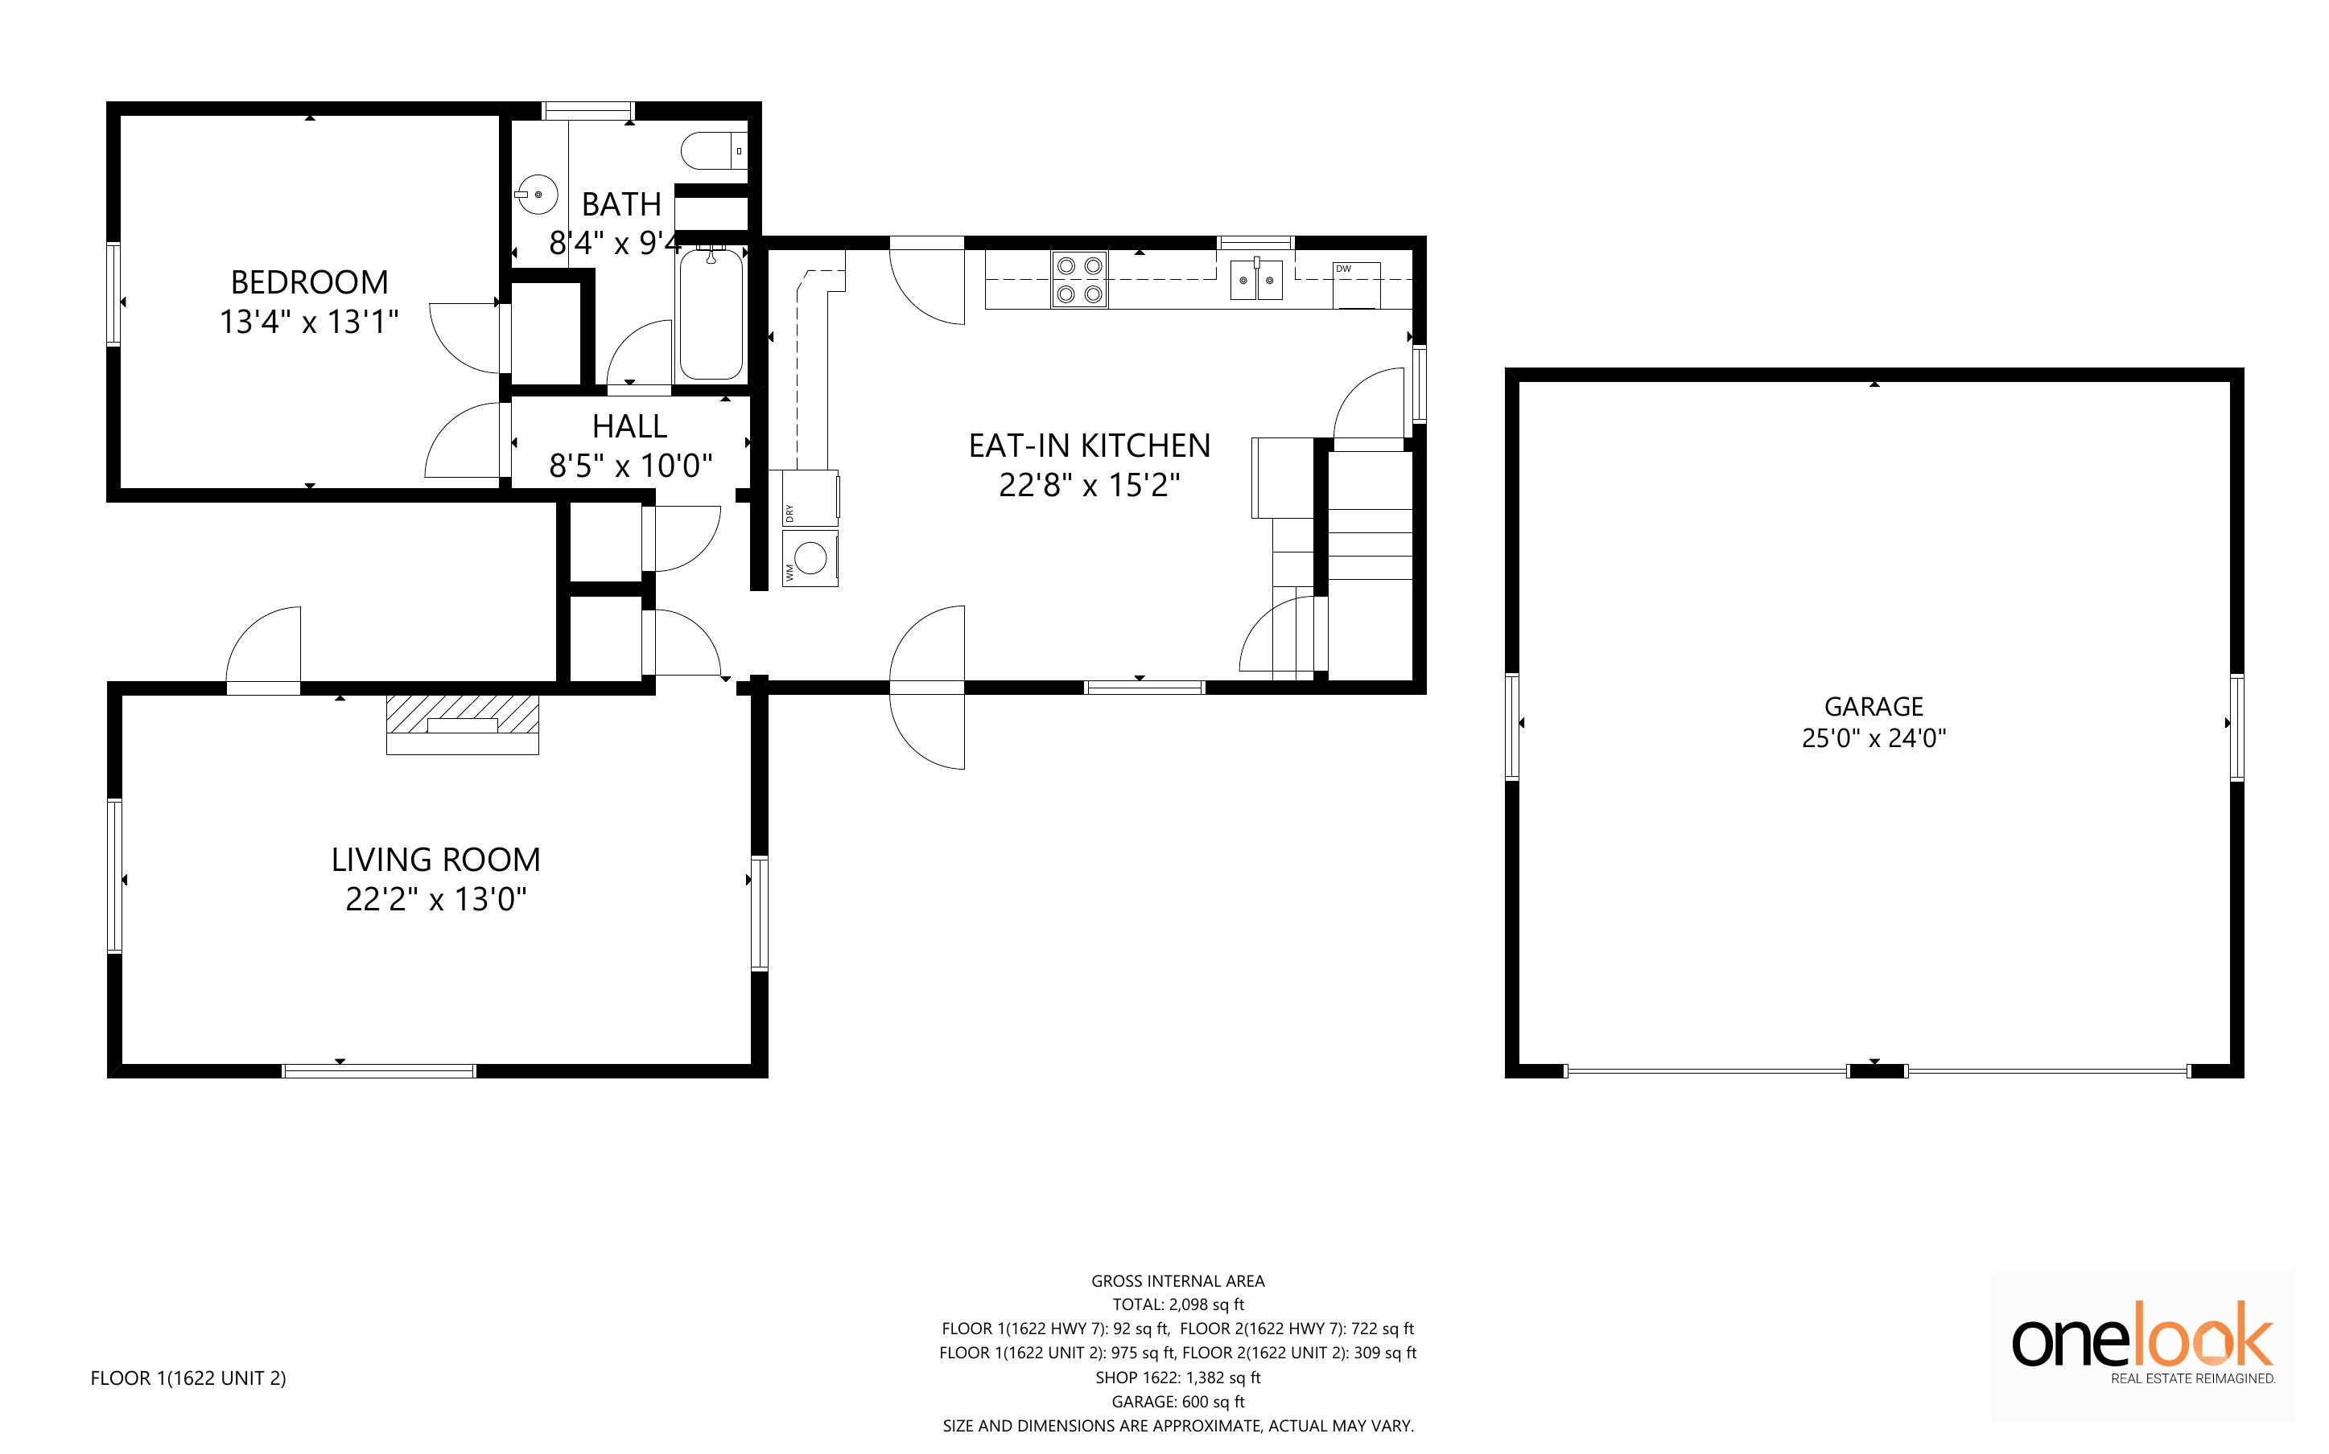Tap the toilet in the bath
tap(714, 151)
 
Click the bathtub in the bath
tap(712, 314)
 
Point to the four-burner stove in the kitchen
tap(1079, 279)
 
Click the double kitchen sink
tap(1256, 280)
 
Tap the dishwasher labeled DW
tap(1356, 285)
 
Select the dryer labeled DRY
tap(810, 498)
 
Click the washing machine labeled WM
tap(810, 559)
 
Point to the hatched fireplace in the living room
tap(463, 724)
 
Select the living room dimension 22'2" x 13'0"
tap(437, 899)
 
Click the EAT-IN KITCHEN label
tap(1090, 446)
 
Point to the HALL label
tap(630, 426)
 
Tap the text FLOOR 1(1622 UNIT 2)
tap(188, 1378)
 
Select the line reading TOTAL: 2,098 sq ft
tap(1178, 1305)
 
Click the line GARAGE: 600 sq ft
tap(1178, 1401)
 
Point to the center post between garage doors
tap(1876, 1070)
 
